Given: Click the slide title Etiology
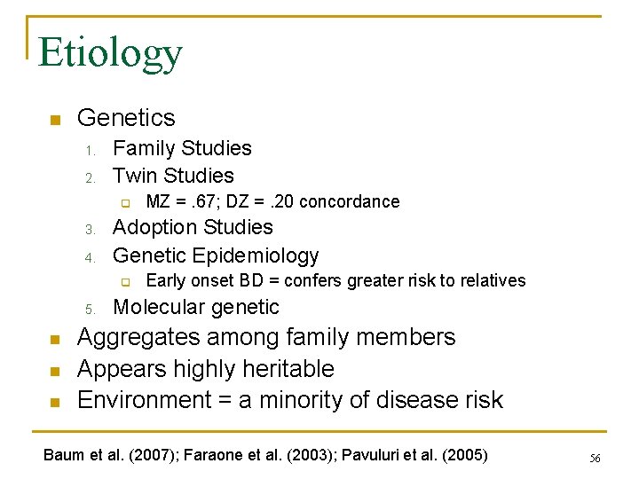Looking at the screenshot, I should tap(110, 54).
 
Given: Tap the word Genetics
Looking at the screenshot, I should tap(126, 117).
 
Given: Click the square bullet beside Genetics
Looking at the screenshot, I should tap(54, 119).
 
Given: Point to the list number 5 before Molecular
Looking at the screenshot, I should tap(91, 309).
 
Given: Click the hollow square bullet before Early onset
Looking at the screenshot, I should tap(126, 282).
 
